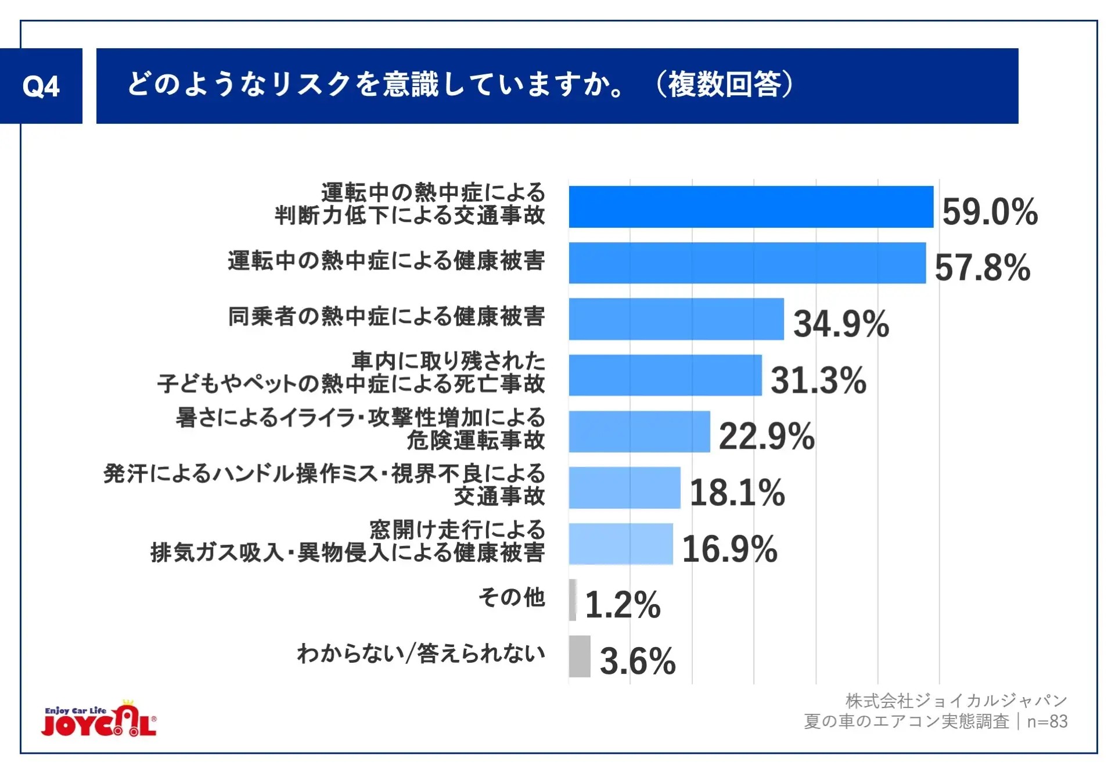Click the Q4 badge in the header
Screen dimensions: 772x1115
(41, 86)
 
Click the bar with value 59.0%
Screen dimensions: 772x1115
(750, 207)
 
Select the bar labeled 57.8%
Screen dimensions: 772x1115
(747, 263)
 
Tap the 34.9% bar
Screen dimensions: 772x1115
(676, 319)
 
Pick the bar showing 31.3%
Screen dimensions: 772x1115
(665, 375)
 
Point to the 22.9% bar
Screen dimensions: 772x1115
(639, 432)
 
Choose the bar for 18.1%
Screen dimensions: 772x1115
(624, 488)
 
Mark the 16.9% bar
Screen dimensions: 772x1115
(620, 544)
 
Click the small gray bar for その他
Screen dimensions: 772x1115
(573, 600)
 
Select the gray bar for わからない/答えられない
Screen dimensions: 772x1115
(579, 656)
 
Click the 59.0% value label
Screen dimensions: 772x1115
(990, 211)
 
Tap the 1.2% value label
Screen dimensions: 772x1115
(623, 605)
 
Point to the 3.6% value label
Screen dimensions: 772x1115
(638, 661)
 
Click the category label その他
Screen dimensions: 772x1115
(512, 597)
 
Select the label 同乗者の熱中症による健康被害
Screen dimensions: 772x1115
(386, 317)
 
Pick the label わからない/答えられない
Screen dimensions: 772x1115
(421, 653)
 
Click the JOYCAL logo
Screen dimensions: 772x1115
(99, 720)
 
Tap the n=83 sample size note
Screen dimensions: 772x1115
(1047, 721)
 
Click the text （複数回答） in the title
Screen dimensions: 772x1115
(724, 85)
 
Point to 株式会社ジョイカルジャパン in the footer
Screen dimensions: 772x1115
(956, 701)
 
